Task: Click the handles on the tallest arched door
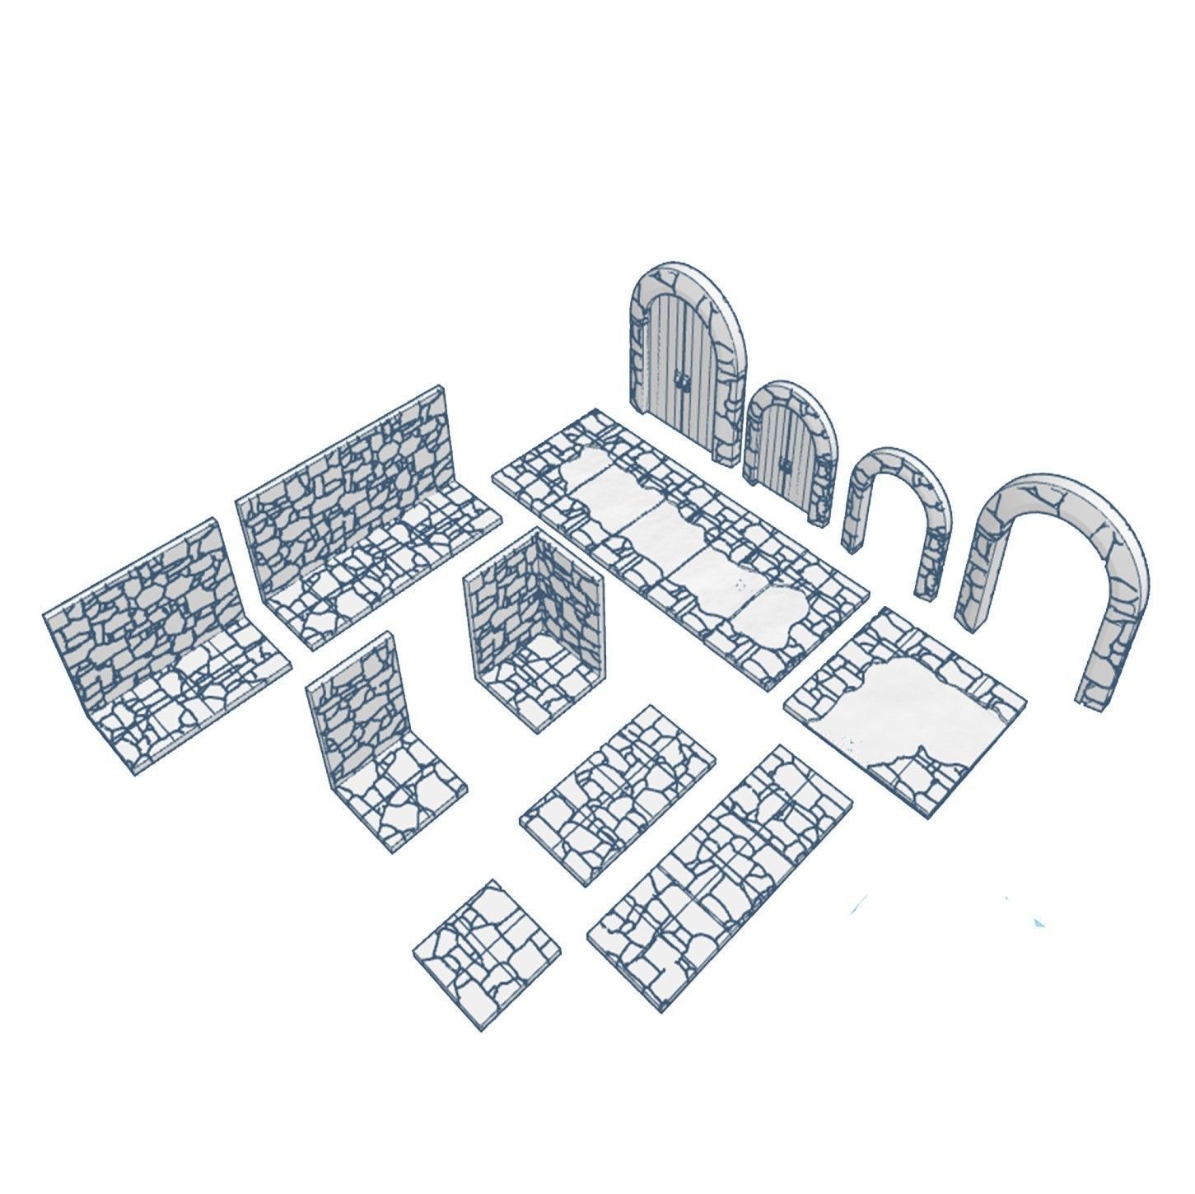click(x=681, y=380)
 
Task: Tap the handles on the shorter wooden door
click(x=787, y=467)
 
